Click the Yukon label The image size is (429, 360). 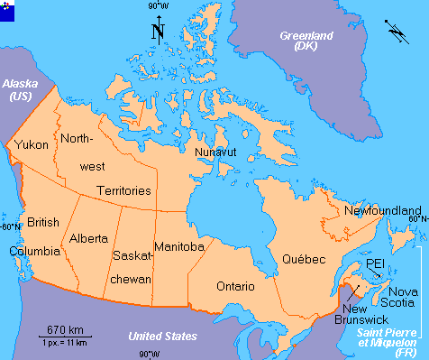pyautogui.click(x=32, y=144)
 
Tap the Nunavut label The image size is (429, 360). pyautogui.click(x=216, y=152)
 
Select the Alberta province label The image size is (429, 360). pyautogui.click(x=89, y=239)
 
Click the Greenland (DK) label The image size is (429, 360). pyautogui.click(x=306, y=41)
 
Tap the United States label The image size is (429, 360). pyautogui.click(x=162, y=337)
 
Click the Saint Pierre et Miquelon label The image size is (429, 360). pyautogui.click(x=387, y=344)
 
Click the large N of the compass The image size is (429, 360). pyautogui.click(x=158, y=32)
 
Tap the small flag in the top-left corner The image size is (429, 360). pyautogui.click(x=9, y=9)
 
